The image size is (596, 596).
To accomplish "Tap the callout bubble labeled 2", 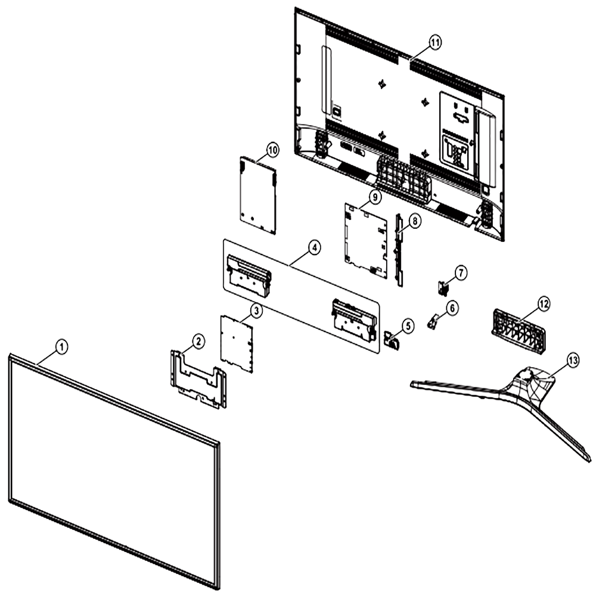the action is (x=198, y=342).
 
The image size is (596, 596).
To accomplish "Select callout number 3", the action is (x=256, y=311).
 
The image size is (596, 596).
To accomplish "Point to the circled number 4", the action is (x=314, y=247).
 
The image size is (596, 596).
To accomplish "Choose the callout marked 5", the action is (x=408, y=325).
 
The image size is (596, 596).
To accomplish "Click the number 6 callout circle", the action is (x=452, y=308).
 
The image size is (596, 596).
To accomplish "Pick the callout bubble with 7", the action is (x=461, y=273).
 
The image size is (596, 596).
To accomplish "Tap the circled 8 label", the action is (x=415, y=221).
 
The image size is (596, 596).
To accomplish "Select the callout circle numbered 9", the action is (x=375, y=197).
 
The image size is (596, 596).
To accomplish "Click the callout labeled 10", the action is (x=272, y=150).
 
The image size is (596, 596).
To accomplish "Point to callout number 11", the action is (x=435, y=42).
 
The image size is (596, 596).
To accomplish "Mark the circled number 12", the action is (x=544, y=303).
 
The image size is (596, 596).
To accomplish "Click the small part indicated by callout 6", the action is (x=432, y=321).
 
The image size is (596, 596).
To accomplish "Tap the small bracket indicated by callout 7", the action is (x=443, y=288).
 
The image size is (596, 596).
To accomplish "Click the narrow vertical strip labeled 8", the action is (x=399, y=250).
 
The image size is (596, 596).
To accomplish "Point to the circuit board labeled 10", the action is (x=257, y=194).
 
